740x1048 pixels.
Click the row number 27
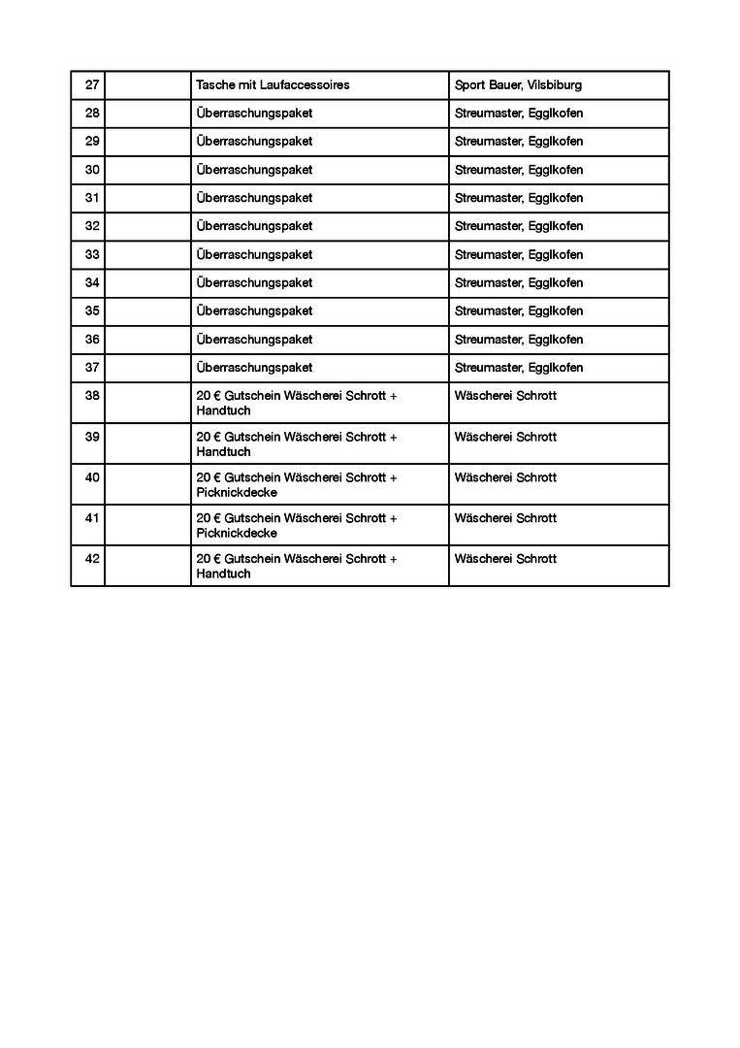92,85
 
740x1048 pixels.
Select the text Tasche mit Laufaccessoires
273,85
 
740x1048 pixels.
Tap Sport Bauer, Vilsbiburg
518,85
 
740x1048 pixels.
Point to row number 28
92,114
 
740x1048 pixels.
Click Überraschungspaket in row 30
254,170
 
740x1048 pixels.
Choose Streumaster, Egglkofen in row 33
519,255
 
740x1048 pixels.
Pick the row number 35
92,311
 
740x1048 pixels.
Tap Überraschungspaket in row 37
254,368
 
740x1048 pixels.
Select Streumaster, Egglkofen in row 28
519,114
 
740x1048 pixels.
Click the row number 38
92,396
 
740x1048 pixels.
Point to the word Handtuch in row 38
223,410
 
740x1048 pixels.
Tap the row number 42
92,559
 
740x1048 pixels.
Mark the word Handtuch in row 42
223,573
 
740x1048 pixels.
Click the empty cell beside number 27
147,85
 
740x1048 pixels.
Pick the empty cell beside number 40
147,484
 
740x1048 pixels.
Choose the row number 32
92,226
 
